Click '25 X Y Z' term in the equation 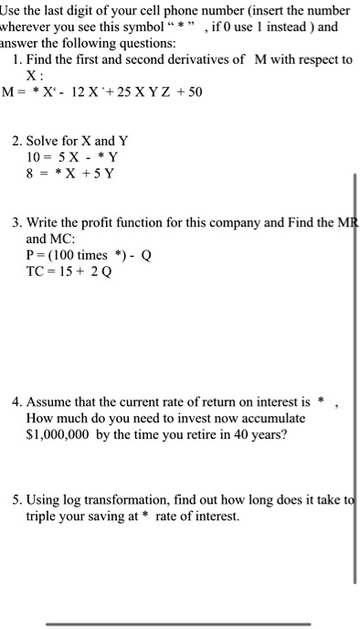[x=146, y=94]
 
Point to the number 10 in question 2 [x=35, y=157]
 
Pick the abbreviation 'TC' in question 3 [x=37, y=273]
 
